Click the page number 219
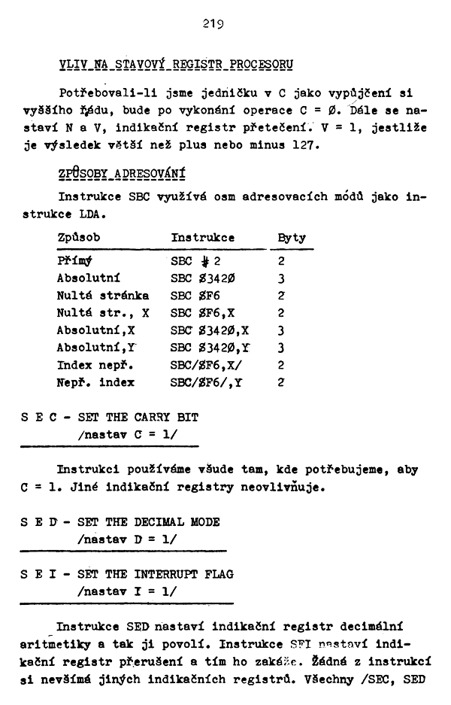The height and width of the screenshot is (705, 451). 210,25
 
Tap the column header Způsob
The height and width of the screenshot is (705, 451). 79,238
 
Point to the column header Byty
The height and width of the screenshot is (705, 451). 292,238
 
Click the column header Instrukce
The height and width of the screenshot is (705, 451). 203,238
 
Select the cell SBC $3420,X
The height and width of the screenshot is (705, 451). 210,330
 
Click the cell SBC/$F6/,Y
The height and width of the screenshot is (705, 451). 207,382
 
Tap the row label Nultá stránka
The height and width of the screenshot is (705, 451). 103,296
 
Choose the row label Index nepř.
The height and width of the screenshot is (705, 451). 95,365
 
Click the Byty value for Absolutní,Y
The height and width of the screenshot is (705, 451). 280,348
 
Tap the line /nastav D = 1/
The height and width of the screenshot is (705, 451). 127,539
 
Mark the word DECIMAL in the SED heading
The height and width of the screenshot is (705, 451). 162,521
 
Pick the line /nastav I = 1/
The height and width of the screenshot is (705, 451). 127,591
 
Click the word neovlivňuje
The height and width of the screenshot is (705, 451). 289,487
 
